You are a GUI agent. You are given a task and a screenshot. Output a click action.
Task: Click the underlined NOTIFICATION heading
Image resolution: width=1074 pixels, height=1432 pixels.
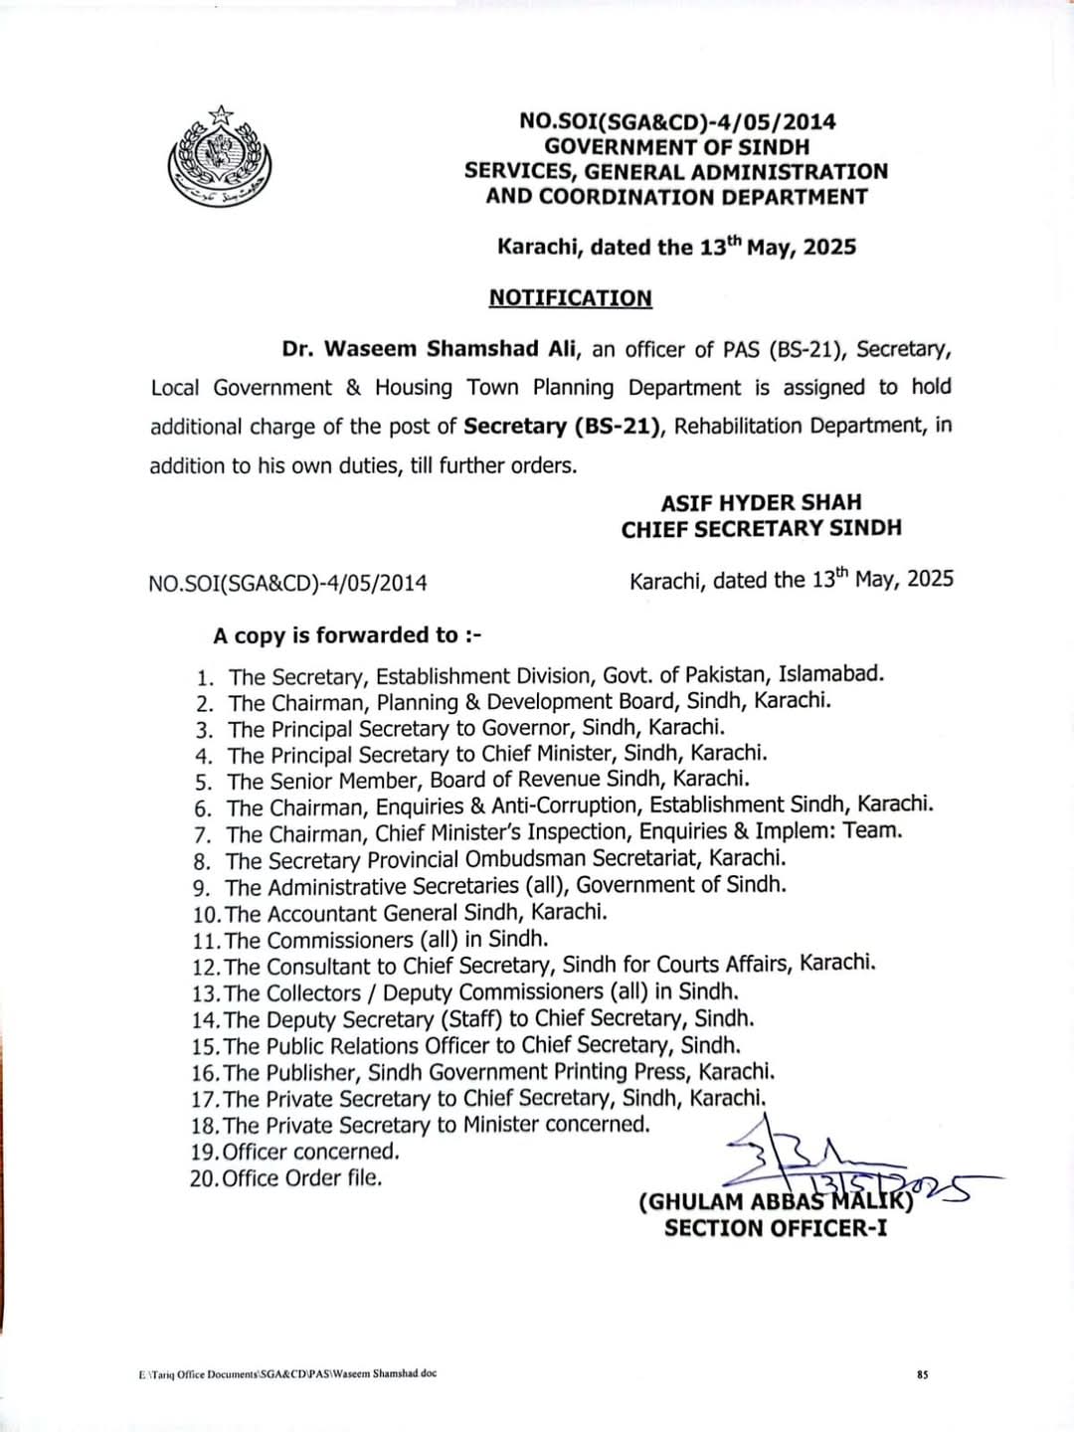tap(570, 298)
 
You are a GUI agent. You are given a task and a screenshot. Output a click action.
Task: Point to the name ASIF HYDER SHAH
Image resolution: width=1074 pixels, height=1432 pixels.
tap(761, 502)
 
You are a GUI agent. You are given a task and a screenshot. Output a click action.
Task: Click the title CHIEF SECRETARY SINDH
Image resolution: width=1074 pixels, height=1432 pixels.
tap(761, 529)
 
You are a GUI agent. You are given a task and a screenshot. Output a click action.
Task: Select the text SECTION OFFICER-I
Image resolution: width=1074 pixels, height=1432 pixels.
tap(776, 1228)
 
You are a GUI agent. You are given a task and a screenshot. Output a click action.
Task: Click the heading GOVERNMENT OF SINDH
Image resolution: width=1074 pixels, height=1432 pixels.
tap(676, 146)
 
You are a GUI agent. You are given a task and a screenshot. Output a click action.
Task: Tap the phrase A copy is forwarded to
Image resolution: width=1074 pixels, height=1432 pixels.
tap(346, 635)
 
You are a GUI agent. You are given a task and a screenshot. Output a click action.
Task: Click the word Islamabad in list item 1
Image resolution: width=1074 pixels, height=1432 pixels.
tap(829, 674)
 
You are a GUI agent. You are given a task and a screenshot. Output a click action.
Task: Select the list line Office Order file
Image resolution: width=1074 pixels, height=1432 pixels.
tap(301, 1178)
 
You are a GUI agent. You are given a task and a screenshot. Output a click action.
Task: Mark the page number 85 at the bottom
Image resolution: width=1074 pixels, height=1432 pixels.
tap(922, 1375)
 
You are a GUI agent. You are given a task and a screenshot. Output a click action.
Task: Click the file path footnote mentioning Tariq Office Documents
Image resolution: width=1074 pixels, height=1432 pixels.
tap(287, 1374)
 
